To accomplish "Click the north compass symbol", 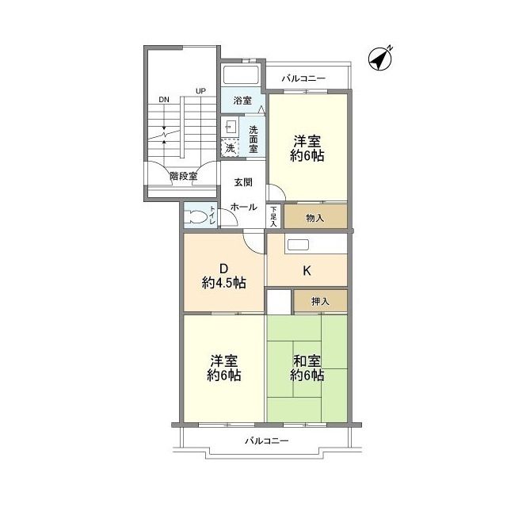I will click(382, 58).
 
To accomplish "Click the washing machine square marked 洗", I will click(230, 147).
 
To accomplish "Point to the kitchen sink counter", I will click(315, 245).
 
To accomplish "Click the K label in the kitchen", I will click(307, 271).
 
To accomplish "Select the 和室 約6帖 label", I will click(307, 369).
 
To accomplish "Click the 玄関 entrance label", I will click(243, 182).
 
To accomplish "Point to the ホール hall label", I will click(243, 207).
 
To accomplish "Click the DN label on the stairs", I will click(163, 100).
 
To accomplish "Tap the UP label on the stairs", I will click(200, 92).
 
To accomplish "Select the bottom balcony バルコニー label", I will click(266, 440).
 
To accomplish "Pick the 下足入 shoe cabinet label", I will click(273, 215).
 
